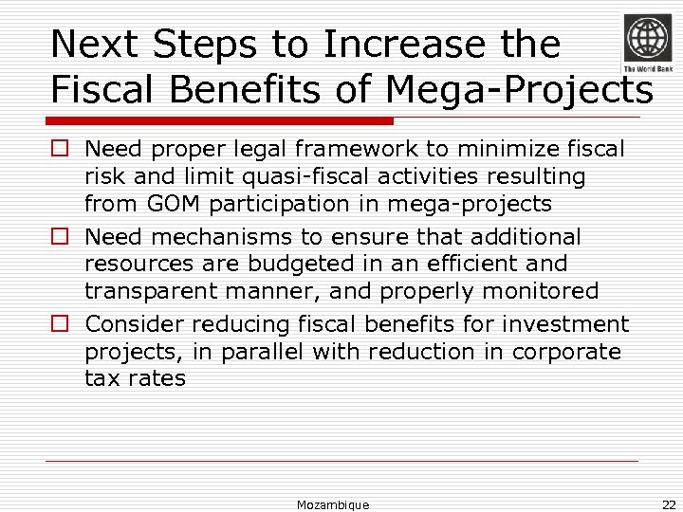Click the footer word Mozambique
point(333,504)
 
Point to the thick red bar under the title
point(221,121)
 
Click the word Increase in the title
point(410,45)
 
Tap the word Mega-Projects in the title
point(519,90)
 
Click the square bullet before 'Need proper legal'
point(60,150)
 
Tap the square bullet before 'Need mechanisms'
point(60,237)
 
